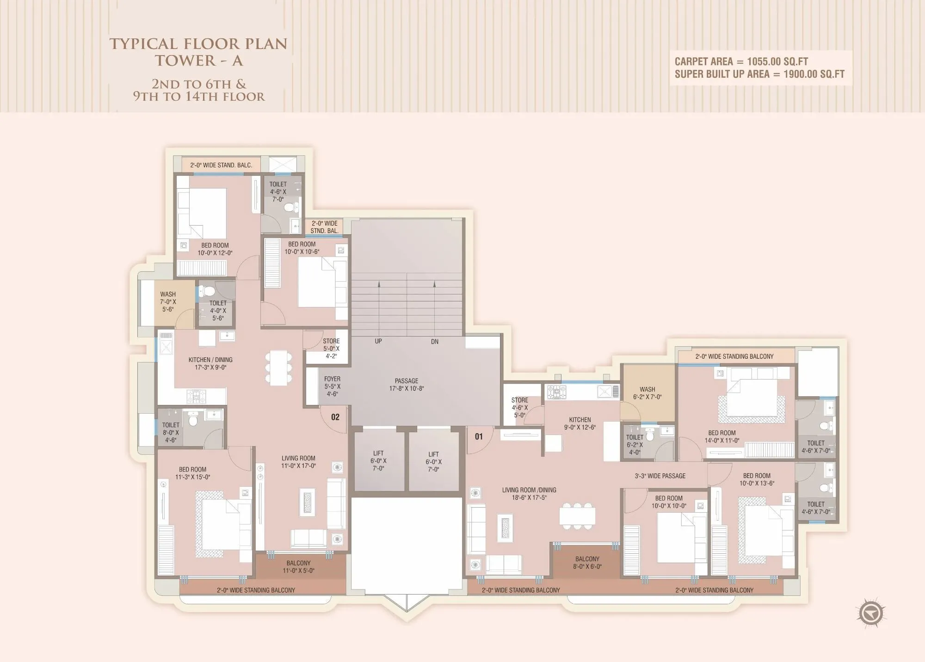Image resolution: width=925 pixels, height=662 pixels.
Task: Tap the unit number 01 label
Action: pos(479,436)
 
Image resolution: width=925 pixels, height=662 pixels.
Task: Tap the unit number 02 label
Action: pos(335,417)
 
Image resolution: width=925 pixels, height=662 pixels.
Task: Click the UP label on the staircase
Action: pos(378,341)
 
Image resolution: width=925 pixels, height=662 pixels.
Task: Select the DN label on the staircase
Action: pos(435,342)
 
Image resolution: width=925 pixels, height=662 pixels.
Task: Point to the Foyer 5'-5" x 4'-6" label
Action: pos(332,386)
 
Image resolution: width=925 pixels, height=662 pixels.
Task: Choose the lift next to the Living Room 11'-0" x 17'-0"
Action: pos(378,461)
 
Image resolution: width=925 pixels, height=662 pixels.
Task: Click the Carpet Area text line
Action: pos(741,61)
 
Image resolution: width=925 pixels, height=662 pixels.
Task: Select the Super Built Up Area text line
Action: pos(759,74)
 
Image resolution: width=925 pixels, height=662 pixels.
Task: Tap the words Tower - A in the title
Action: pos(198,61)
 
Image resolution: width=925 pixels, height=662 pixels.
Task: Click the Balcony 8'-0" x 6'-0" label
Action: pos(587,563)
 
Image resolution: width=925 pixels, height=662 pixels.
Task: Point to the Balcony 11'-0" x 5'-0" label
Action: pos(298,567)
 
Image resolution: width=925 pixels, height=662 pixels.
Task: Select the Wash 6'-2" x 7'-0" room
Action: pos(647,393)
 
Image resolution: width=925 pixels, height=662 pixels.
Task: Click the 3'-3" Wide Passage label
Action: pos(660,476)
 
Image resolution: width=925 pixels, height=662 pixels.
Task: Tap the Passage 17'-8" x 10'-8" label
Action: pos(407,385)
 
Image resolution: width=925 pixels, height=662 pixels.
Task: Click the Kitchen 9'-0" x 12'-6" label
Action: pos(580,423)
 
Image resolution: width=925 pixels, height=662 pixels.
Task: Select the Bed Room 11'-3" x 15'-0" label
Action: pos(192,473)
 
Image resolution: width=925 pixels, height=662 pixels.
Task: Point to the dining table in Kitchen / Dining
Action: pos(278,368)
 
